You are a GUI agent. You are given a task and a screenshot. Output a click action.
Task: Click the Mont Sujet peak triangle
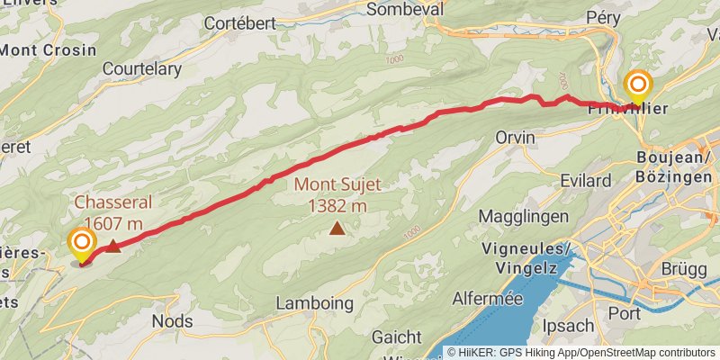point(337,229)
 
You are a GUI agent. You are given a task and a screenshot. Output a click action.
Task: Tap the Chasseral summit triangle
point(113,247)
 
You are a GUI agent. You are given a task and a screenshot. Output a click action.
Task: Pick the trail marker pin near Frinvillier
point(638,86)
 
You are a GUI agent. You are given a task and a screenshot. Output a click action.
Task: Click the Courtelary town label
point(142,68)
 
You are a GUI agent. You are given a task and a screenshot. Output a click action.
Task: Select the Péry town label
point(604,17)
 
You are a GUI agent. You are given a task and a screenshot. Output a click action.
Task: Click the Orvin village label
point(515,138)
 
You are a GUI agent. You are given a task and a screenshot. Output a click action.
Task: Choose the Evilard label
point(585,181)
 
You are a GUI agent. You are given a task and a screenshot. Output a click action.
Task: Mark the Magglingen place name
point(523,217)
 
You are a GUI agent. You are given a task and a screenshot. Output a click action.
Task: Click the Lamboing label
point(314,303)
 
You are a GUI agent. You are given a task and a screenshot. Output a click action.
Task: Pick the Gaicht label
point(395,337)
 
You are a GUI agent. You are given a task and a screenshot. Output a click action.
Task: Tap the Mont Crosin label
point(48,50)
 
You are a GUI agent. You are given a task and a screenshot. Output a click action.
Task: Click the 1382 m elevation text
point(337,205)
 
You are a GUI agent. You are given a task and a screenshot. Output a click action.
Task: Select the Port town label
point(625,313)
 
